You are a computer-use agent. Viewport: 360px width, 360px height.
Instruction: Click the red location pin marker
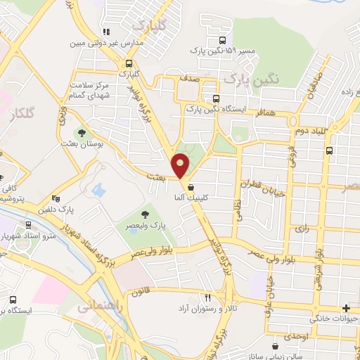click(x=182, y=165)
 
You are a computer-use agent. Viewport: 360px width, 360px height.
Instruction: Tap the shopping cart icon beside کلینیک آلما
click(x=191, y=186)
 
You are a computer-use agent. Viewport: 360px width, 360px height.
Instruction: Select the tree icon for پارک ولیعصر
click(x=146, y=213)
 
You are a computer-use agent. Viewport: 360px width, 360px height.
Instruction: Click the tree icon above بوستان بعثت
click(x=82, y=132)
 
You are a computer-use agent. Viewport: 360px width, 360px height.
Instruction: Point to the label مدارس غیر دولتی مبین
click(x=106, y=42)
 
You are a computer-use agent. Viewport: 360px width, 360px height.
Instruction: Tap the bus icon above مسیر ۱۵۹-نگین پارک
click(x=223, y=40)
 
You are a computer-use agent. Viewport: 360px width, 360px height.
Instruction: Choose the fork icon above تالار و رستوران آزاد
click(x=207, y=298)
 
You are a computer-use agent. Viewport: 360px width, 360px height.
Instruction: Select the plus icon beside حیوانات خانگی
click(x=345, y=308)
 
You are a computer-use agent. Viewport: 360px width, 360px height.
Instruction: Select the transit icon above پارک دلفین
click(x=56, y=199)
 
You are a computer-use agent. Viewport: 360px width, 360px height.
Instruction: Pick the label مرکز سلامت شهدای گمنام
click(x=92, y=91)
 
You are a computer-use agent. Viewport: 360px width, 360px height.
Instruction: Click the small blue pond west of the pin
click(x=99, y=190)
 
